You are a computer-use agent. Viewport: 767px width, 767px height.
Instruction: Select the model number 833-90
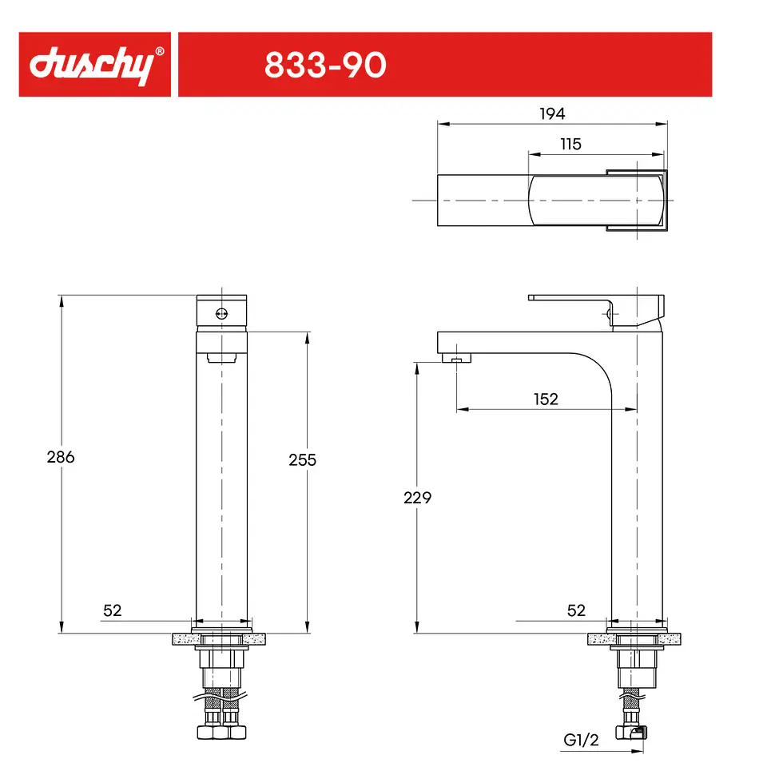pyautogui.click(x=325, y=65)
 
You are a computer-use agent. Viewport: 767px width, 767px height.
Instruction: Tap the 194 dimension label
pyautogui.click(x=552, y=114)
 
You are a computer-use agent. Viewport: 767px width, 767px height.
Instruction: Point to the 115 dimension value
pyautogui.click(x=570, y=145)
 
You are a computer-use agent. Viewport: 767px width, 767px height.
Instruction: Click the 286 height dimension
pyautogui.click(x=61, y=457)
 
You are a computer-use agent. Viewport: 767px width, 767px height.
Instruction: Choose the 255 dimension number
pyautogui.click(x=302, y=460)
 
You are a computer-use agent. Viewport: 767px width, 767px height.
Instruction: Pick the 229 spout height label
pyautogui.click(x=417, y=498)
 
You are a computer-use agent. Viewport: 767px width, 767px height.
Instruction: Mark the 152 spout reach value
pyautogui.click(x=546, y=399)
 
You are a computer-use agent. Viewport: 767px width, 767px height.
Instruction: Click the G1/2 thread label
pyautogui.click(x=581, y=740)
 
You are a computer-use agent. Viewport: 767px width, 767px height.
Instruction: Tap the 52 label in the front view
pyautogui.click(x=112, y=610)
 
